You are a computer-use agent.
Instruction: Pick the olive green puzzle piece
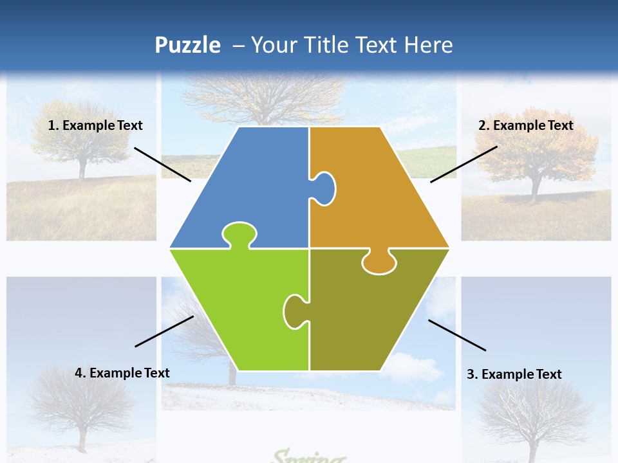[x=373, y=315]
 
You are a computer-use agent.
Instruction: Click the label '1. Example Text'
[x=95, y=125]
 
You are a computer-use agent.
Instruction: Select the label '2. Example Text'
[x=525, y=125]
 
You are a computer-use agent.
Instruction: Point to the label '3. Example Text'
[x=514, y=374]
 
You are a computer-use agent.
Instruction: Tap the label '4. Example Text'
[x=122, y=373]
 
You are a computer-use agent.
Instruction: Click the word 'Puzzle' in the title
[x=187, y=45]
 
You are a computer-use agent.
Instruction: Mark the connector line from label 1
[x=162, y=164]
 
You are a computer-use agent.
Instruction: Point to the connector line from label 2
[x=464, y=164]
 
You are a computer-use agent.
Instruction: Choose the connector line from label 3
[x=457, y=335]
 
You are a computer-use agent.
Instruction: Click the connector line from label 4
[x=164, y=331]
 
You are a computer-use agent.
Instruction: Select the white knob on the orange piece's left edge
[x=324, y=188]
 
